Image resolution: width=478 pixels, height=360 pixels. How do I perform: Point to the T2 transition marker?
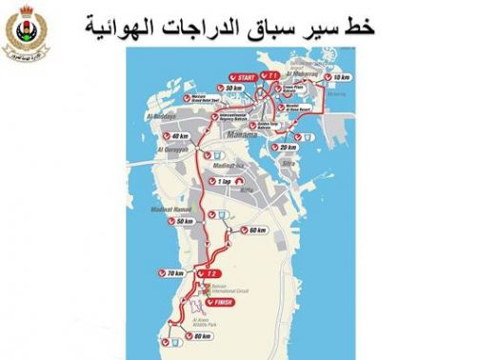(x=211, y=274)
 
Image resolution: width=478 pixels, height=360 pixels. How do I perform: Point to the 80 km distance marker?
(x=196, y=336)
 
